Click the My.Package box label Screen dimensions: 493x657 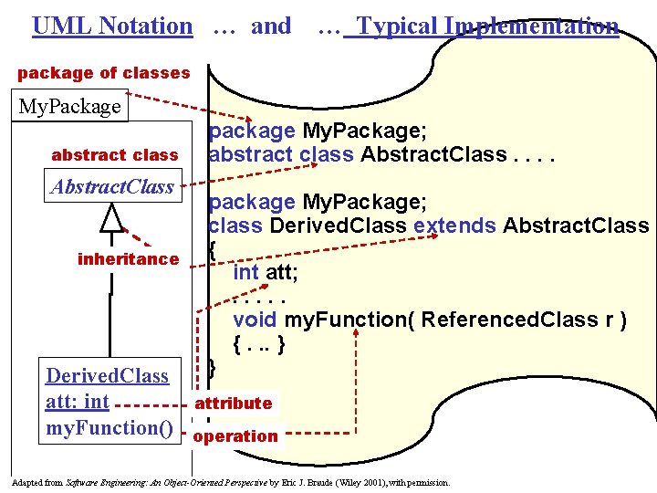69,106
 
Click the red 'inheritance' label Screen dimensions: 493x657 129,259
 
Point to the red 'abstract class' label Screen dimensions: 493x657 115,155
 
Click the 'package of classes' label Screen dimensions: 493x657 104,72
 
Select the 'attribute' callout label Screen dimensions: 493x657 233,403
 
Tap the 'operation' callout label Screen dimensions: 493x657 235,435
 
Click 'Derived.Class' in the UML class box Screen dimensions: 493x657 108,375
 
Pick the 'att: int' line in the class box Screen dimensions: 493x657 78,402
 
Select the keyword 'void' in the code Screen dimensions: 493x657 255,320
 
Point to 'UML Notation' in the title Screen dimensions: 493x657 112,26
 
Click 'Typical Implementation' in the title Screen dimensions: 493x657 487,26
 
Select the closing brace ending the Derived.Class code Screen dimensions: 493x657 213,367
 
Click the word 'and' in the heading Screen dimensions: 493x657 271,26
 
